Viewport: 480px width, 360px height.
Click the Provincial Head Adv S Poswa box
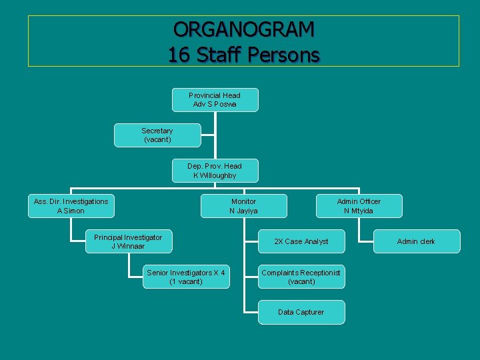tap(215, 100)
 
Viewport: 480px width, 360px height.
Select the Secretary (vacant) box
tap(157, 135)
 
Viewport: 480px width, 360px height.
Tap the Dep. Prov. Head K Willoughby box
tap(215, 171)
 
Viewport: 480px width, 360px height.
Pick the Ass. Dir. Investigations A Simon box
tap(71, 206)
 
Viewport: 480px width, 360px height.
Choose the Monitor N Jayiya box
tap(243, 206)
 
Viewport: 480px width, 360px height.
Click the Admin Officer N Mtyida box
tap(359, 206)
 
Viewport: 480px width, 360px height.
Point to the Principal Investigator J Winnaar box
tap(128, 241)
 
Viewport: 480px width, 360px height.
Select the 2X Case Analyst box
tap(301, 241)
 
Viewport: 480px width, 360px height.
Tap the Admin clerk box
tap(416, 241)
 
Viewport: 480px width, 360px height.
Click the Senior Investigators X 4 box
tap(186, 277)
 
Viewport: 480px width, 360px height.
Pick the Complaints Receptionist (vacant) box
tap(301, 277)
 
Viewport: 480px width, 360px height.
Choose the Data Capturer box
tap(301, 312)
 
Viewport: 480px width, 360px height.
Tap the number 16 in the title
tap(179, 55)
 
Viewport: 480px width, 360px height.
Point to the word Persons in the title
tap(285, 55)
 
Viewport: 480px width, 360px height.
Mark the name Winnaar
tap(131, 246)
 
